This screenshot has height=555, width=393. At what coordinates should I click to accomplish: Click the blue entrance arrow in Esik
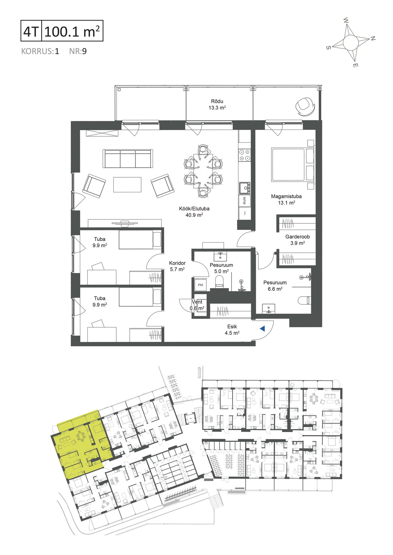click(263, 329)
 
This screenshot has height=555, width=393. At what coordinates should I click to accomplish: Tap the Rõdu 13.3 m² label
click(217, 104)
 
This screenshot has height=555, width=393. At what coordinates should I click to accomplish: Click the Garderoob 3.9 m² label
click(297, 240)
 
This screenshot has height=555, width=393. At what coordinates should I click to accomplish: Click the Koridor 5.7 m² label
click(178, 266)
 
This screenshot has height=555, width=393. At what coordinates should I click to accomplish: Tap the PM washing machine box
click(200, 285)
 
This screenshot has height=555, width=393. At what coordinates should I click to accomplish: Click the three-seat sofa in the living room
click(128, 159)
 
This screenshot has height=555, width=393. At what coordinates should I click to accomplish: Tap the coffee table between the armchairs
click(127, 184)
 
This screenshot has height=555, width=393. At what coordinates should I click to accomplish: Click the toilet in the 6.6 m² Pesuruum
click(304, 301)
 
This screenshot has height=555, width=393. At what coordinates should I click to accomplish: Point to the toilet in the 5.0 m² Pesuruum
click(219, 282)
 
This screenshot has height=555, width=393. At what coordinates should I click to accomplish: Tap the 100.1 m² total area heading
click(72, 31)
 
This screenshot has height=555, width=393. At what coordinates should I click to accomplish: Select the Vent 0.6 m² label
click(197, 305)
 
